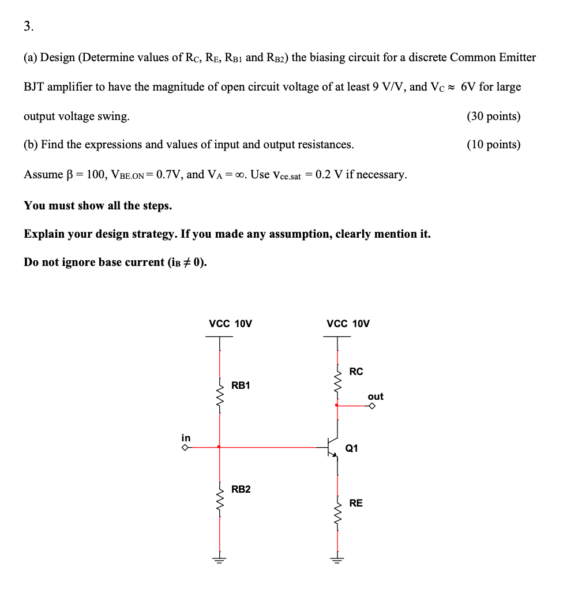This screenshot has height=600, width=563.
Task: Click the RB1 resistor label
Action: pyautogui.click(x=241, y=385)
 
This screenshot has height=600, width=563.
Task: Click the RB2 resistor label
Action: pyautogui.click(x=241, y=489)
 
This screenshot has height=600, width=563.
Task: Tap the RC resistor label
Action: pyautogui.click(x=356, y=372)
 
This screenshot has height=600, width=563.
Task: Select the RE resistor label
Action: pyautogui.click(x=356, y=503)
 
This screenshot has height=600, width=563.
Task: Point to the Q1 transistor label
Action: pyautogui.click(x=351, y=448)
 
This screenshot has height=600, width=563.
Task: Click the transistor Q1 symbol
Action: pyautogui.click(x=332, y=447)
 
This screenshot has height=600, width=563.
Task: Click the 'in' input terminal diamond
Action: pyautogui.click(x=186, y=447)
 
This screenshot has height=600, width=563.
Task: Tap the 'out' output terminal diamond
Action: pyautogui.click(x=373, y=406)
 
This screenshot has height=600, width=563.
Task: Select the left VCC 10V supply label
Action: pyautogui.click(x=230, y=324)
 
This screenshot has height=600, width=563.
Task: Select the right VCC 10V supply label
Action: pyautogui.click(x=348, y=324)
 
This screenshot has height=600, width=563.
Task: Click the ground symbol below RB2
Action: pyautogui.click(x=219, y=558)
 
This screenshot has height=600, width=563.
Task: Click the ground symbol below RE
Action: pyautogui.click(x=337, y=558)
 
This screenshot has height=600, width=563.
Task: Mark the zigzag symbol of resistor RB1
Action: pyautogui.click(x=219, y=396)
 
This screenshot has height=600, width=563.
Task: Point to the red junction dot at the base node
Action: pyautogui.click(x=219, y=447)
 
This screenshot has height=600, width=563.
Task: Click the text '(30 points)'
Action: pyautogui.click(x=493, y=116)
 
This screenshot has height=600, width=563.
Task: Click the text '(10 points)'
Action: pyautogui.click(x=493, y=144)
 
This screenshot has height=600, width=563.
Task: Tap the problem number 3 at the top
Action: pyautogui.click(x=29, y=26)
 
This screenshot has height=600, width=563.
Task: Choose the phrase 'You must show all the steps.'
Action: pyautogui.click(x=97, y=205)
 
